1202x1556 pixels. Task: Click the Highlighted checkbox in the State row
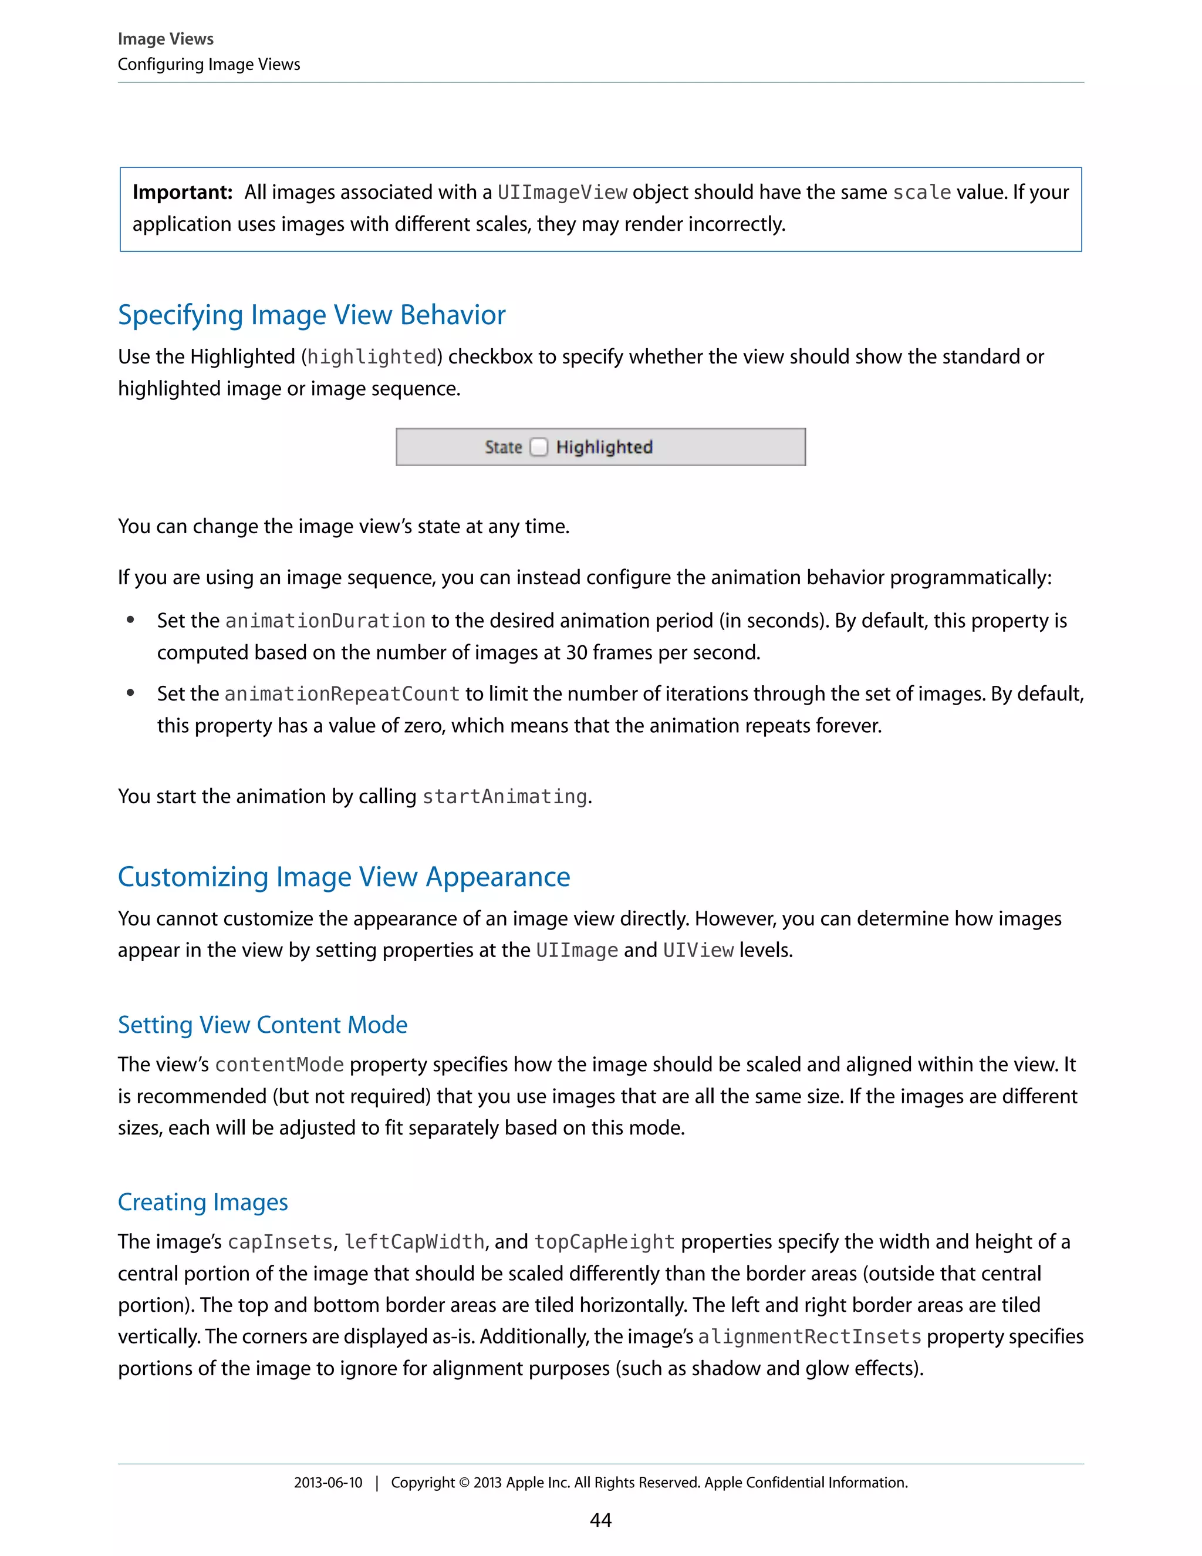[539, 447]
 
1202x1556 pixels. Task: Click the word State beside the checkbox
[503, 447]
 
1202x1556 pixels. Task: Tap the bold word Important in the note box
[183, 193]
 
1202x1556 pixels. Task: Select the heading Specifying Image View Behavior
[311, 315]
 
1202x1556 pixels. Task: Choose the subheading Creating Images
[202, 1202]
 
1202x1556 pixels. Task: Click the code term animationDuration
[325, 621]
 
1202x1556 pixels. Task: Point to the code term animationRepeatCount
[342, 694]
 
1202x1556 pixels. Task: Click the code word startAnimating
[504, 797]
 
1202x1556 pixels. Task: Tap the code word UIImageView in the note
[562, 193]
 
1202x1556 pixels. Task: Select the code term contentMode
[279, 1065]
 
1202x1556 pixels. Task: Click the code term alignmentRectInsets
[809, 1336]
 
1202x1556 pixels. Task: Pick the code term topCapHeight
[604, 1242]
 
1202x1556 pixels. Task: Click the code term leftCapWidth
[414, 1242]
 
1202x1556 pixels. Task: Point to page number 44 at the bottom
[600, 1520]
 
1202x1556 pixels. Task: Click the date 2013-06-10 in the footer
[327, 1483]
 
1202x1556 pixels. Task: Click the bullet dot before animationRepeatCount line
[130, 693]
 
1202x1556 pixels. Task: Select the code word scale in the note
[921, 193]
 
